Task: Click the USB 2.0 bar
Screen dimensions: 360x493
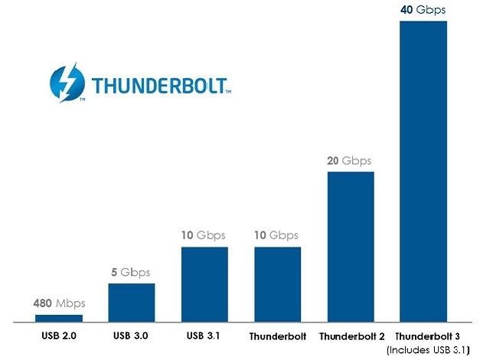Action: coord(59,317)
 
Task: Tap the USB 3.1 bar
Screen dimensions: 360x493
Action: coord(204,283)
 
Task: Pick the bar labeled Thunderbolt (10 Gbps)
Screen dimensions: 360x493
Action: coord(277,283)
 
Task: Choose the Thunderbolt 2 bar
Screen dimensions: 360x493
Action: coord(351,246)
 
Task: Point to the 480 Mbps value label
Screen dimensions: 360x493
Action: coord(60,303)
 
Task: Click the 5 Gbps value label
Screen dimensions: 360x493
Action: coord(131,273)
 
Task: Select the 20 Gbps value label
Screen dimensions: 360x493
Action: coord(349,161)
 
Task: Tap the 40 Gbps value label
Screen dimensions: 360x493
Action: coord(423,10)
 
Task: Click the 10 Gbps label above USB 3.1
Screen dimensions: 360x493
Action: coord(204,236)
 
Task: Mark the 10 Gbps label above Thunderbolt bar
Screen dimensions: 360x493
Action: coord(276,236)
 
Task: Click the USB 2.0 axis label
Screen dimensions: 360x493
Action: coord(59,335)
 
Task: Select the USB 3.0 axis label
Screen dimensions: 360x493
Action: coord(132,335)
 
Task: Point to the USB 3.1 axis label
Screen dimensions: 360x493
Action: coord(204,335)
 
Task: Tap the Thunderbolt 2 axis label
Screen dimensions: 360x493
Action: coord(350,336)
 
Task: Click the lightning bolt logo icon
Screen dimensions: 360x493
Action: coord(67,83)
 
